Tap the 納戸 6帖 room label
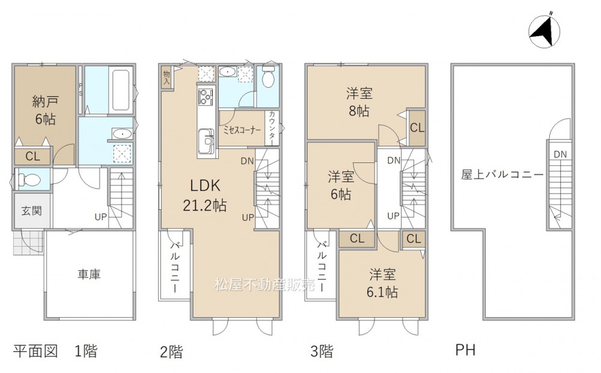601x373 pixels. pyautogui.click(x=45, y=111)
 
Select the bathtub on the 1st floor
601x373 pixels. pyautogui.click(x=121, y=90)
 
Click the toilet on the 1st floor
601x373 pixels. pyautogui.click(x=30, y=179)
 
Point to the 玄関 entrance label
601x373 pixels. pyautogui.click(x=31, y=211)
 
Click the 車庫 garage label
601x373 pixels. pyautogui.click(x=89, y=274)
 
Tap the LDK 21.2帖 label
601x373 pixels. pyautogui.click(x=205, y=196)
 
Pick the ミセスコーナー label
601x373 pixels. pyautogui.click(x=242, y=131)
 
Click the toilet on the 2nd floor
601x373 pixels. pyautogui.click(x=268, y=76)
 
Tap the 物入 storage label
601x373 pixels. pyautogui.click(x=166, y=78)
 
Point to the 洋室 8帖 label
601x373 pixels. pyautogui.click(x=359, y=102)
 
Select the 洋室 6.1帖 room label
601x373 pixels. pyautogui.click(x=382, y=283)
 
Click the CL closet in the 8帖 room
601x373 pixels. pyautogui.click(x=417, y=128)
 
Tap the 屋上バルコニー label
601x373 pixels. pyautogui.click(x=502, y=175)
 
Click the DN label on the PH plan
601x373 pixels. pyautogui.click(x=560, y=155)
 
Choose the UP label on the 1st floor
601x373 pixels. pyautogui.click(x=101, y=217)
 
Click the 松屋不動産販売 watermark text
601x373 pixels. pyautogui.click(x=264, y=285)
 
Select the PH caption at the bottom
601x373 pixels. pyautogui.click(x=465, y=350)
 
